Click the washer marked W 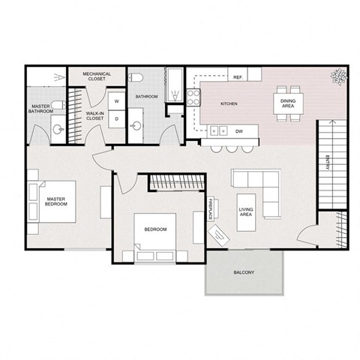[117, 100]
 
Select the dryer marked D [117, 118]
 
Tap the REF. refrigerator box [238, 77]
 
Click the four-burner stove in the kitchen [192, 96]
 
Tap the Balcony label [244, 272]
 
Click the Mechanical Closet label [97, 76]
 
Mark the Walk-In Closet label [94, 115]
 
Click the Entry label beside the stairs [328, 163]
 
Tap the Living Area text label [244, 212]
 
